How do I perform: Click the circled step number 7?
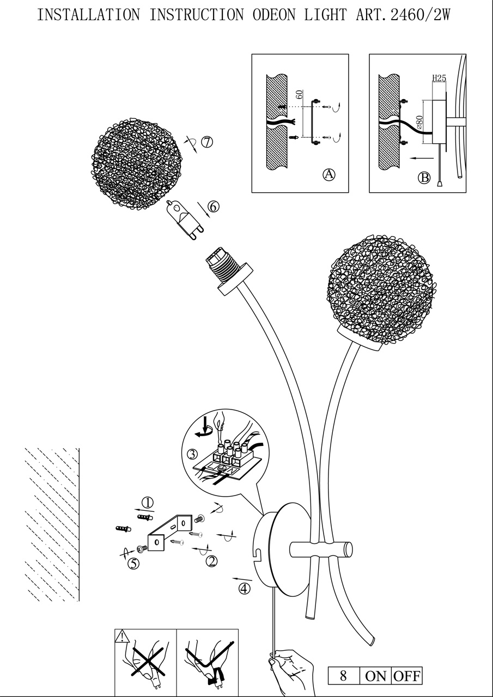click(206, 142)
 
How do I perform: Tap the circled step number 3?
click(192, 454)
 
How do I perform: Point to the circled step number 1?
click(147, 502)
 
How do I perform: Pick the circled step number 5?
click(133, 564)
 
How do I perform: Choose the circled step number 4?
click(245, 588)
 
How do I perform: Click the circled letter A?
click(328, 174)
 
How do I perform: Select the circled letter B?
click(424, 178)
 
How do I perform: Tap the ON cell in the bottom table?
click(375, 676)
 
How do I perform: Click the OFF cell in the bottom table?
click(407, 676)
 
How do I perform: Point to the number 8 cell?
click(343, 676)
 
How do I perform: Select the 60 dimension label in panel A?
click(299, 95)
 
